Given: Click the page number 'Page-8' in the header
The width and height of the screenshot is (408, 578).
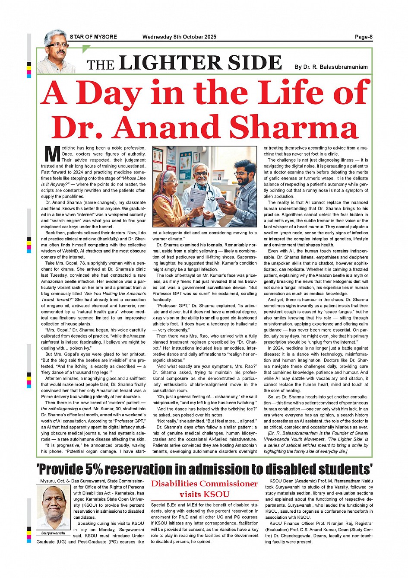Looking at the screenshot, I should [x=364, y=37].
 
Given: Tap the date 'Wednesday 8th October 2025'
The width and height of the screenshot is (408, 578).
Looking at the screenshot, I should [x=179, y=37].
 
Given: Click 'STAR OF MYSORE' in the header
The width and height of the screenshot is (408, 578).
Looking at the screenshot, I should [x=93, y=37].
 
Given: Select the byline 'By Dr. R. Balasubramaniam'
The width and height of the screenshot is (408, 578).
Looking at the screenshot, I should [x=331, y=67].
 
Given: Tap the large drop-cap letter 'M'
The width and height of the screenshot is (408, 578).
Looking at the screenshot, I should [x=52, y=154].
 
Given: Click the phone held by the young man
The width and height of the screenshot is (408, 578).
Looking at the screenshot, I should [x=221, y=201].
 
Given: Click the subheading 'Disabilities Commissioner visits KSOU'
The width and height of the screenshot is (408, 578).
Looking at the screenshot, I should [x=204, y=489].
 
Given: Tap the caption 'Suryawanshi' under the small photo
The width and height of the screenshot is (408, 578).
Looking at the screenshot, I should [x=53, y=533].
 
